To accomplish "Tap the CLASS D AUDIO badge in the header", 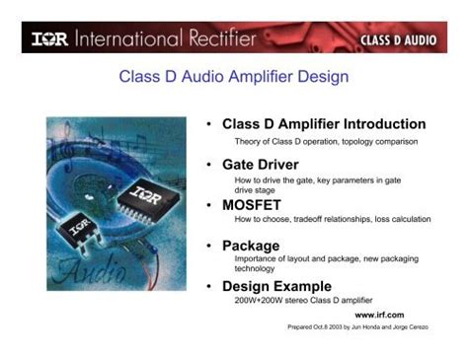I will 405,41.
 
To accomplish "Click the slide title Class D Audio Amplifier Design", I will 234,76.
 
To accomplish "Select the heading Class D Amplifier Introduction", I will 324,124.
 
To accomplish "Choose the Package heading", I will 251,245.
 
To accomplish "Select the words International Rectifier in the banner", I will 173,39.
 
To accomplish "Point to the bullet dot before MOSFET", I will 209,205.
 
